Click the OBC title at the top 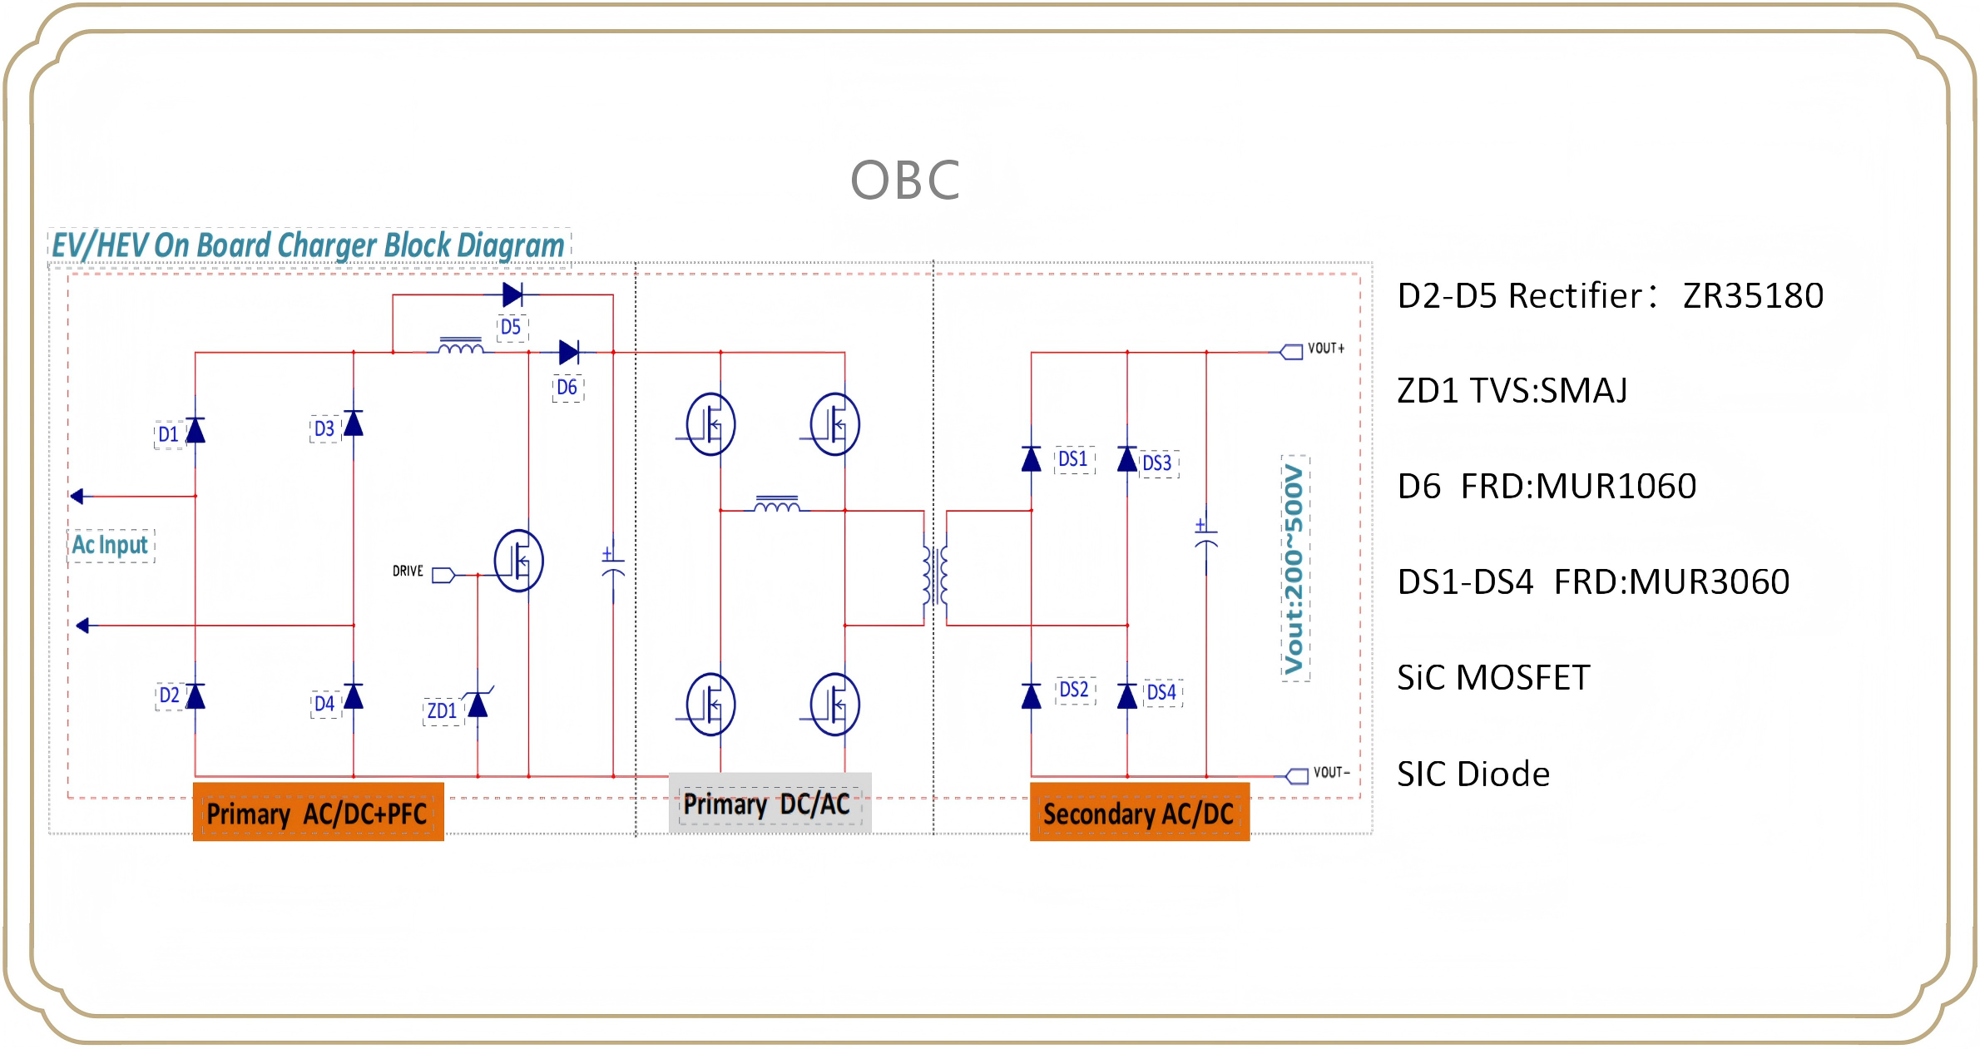[x=905, y=181]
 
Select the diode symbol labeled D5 [x=512, y=294]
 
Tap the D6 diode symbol [x=569, y=353]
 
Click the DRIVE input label [x=408, y=572]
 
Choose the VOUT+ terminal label [x=1326, y=349]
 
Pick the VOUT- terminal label [x=1331, y=773]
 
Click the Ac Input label [x=110, y=545]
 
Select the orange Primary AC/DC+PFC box [x=318, y=813]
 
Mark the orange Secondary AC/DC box [x=1139, y=813]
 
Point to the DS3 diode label [x=1156, y=463]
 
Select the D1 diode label [x=168, y=434]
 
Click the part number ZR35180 [x=1753, y=296]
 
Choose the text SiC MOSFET [x=1493, y=678]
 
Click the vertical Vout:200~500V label [x=1294, y=569]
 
